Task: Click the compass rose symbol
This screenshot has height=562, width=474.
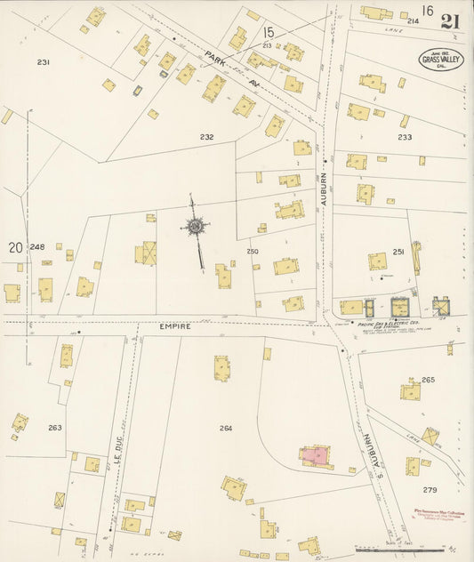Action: coord(195,227)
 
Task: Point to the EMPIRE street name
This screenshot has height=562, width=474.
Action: coord(175,326)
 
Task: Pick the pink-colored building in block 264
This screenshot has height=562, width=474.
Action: coord(312,455)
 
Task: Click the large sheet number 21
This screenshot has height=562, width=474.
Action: coord(450,21)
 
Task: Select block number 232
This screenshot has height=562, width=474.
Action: coord(207,137)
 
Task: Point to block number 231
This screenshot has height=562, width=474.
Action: coord(43,62)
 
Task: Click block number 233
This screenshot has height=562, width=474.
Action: coord(405,137)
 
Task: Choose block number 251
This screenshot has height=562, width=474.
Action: coord(398,253)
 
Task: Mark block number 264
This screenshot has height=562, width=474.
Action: coord(226,429)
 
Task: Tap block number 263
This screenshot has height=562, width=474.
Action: coord(55,428)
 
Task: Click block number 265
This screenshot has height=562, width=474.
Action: coord(428,380)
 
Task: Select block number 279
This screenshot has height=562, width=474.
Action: coord(430,490)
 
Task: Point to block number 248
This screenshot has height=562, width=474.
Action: coord(36,246)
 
